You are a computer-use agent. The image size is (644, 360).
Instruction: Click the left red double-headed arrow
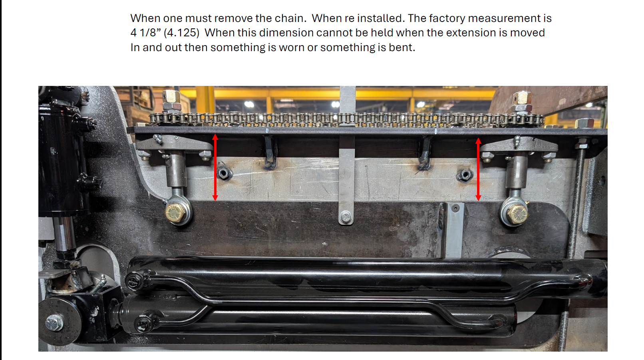tap(215, 167)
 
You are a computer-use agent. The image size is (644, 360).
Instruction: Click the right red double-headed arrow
tap(478, 169)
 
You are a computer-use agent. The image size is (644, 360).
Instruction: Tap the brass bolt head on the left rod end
tap(175, 213)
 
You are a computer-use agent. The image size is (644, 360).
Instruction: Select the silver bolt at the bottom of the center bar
tap(346, 217)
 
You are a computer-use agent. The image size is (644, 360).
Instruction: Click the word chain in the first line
tap(289, 18)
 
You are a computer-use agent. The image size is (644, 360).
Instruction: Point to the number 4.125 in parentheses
tap(181, 33)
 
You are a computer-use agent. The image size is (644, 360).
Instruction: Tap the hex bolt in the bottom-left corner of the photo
tap(54, 322)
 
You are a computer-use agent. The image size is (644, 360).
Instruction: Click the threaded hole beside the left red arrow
tap(224, 173)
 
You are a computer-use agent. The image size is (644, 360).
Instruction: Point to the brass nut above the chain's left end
tap(171, 97)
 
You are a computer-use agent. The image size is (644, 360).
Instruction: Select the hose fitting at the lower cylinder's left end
tap(143, 324)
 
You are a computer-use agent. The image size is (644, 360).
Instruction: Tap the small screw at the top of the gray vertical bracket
tap(455, 208)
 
